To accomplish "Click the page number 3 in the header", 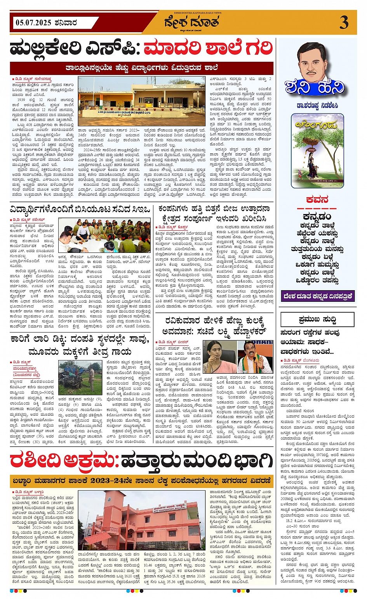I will coord(344,23).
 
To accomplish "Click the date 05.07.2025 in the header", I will coord(33,23).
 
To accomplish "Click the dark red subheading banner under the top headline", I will coord(141,68).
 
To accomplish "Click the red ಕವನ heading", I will coord(317,200).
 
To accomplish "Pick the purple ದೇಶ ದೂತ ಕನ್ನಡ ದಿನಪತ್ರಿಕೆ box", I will coord(317,296).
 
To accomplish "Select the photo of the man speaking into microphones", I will coord(255,357).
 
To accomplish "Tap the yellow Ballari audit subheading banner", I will coord(141,481).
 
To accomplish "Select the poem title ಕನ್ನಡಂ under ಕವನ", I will coord(317,216).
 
